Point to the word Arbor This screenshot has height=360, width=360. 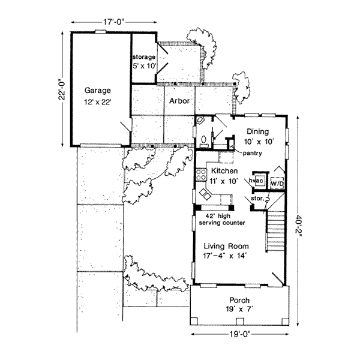[x=179, y=101]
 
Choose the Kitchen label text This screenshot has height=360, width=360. [x=224, y=171]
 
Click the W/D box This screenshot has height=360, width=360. [x=277, y=181]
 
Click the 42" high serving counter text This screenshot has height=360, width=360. [x=226, y=220]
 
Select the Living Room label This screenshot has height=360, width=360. [x=225, y=246]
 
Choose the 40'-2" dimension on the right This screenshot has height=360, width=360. [x=298, y=228]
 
